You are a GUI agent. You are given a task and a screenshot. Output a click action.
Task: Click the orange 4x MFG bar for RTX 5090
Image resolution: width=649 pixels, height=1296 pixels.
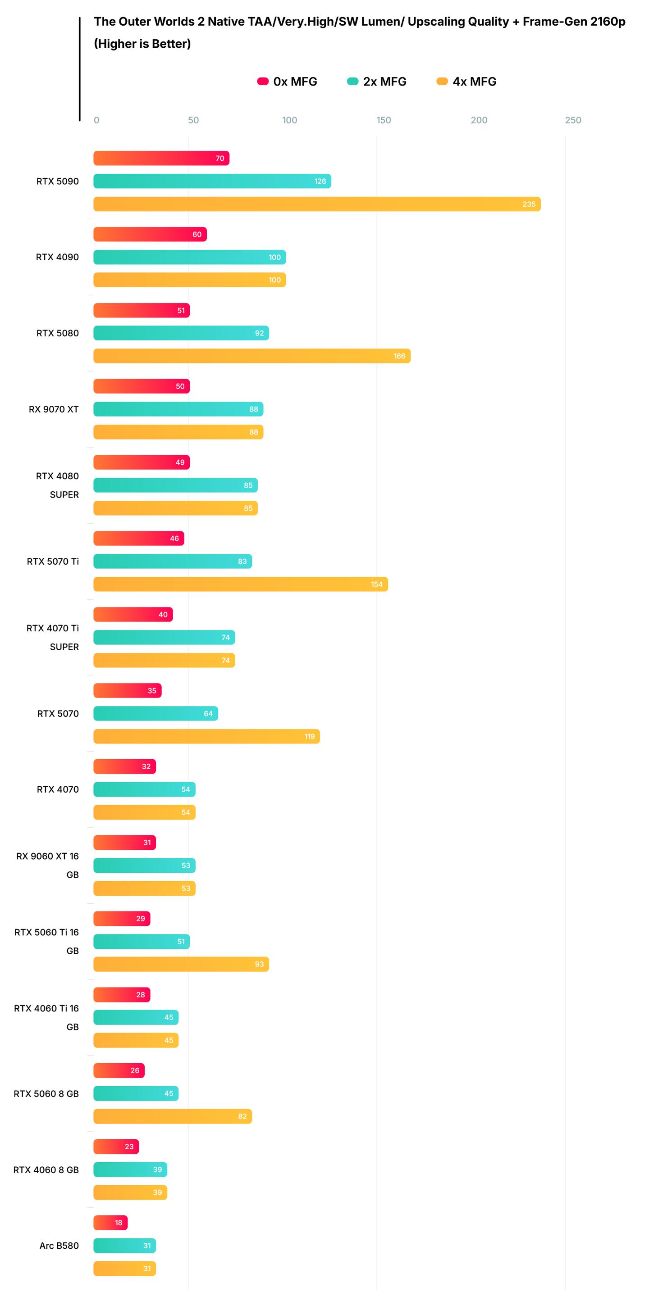click(x=317, y=204)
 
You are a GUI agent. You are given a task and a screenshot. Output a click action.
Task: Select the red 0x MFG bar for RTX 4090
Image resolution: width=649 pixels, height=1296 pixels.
click(x=150, y=235)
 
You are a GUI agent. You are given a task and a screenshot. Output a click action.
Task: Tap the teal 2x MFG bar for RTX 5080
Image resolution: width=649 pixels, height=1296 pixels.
click(x=181, y=333)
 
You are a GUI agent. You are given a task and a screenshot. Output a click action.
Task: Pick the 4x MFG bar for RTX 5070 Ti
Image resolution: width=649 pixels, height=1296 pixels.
click(x=241, y=584)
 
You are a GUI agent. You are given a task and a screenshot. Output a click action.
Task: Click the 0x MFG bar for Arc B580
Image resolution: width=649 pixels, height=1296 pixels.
click(x=111, y=1223)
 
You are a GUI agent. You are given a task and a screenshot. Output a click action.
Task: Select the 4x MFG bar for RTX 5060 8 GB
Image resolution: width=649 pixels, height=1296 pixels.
click(x=173, y=1116)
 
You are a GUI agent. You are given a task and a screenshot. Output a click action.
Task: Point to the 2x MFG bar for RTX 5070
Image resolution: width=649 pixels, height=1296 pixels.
click(x=155, y=713)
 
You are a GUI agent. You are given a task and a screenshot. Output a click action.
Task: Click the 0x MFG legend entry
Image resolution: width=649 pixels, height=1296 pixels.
click(x=288, y=82)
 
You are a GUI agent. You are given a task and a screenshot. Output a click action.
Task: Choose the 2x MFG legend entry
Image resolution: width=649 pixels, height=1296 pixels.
click(x=377, y=82)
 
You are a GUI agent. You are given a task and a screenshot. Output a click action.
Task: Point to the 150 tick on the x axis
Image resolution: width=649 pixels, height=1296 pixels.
click(x=384, y=120)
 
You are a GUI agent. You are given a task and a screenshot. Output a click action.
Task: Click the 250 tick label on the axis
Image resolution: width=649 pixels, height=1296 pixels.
click(x=573, y=120)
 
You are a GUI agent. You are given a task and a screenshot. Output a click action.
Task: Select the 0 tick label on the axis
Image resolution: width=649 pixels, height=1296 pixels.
click(x=96, y=120)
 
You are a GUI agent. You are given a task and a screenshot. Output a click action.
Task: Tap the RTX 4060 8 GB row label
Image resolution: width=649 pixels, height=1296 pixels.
click(x=46, y=1170)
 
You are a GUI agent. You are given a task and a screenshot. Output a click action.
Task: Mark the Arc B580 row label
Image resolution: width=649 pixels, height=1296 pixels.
click(x=59, y=1246)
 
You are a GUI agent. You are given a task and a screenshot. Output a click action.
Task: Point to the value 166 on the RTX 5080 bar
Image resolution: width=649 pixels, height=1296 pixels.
click(x=399, y=356)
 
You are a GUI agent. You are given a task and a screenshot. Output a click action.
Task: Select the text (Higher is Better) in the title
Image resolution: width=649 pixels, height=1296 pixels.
click(x=142, y=44)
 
